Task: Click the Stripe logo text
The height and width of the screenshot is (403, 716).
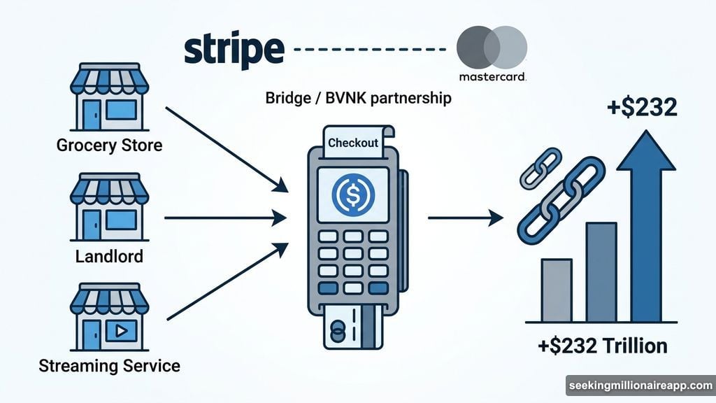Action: [x=234, y=50]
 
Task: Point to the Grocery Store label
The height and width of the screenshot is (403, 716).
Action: [x=108, y=146]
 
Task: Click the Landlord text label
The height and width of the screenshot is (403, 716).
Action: [x=109, y=256]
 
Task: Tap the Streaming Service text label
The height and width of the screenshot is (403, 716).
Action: [x=108, y=365]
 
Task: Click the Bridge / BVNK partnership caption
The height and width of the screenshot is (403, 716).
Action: [x=358, y=99]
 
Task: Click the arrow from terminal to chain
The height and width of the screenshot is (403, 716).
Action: [x=465, y=219]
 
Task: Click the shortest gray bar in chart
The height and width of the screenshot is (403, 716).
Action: [x=556, y=290]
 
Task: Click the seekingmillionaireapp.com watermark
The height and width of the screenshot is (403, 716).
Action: [x=639, y=386]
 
